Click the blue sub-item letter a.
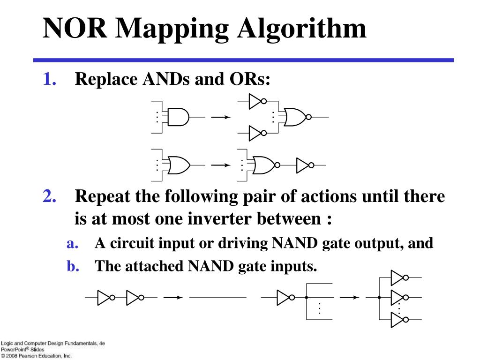click(72, 244)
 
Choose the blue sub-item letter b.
click(72, 266)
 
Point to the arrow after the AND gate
click(220, 117)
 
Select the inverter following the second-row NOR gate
click(304, 165)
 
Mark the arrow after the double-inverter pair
click(172, 297)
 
